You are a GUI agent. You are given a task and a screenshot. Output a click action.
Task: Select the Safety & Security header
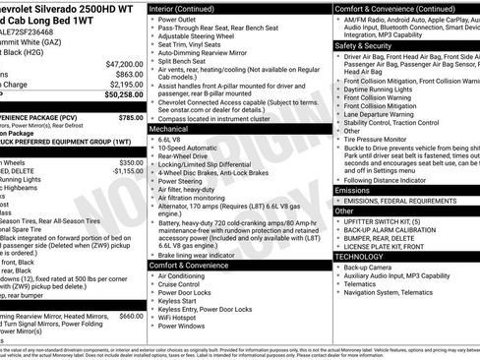click(363, 45)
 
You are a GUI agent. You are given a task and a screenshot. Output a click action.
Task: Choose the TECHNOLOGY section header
click(366, 256)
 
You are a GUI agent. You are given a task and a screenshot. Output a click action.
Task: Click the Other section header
click(344, 210)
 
